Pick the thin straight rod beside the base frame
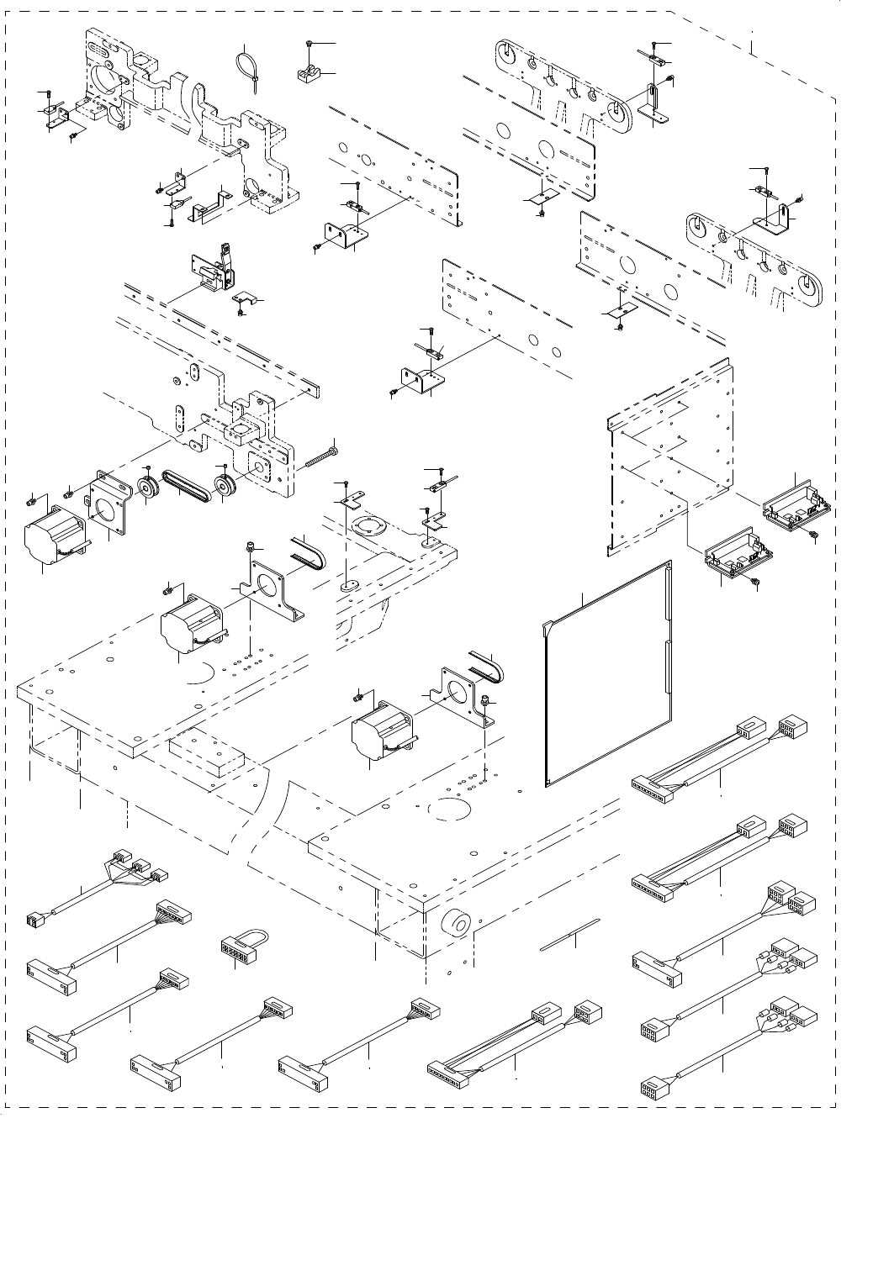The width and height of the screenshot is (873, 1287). coord(571,933)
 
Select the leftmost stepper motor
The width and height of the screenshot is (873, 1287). coord(49,535)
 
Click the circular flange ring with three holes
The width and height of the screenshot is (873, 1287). coord(368,531)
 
